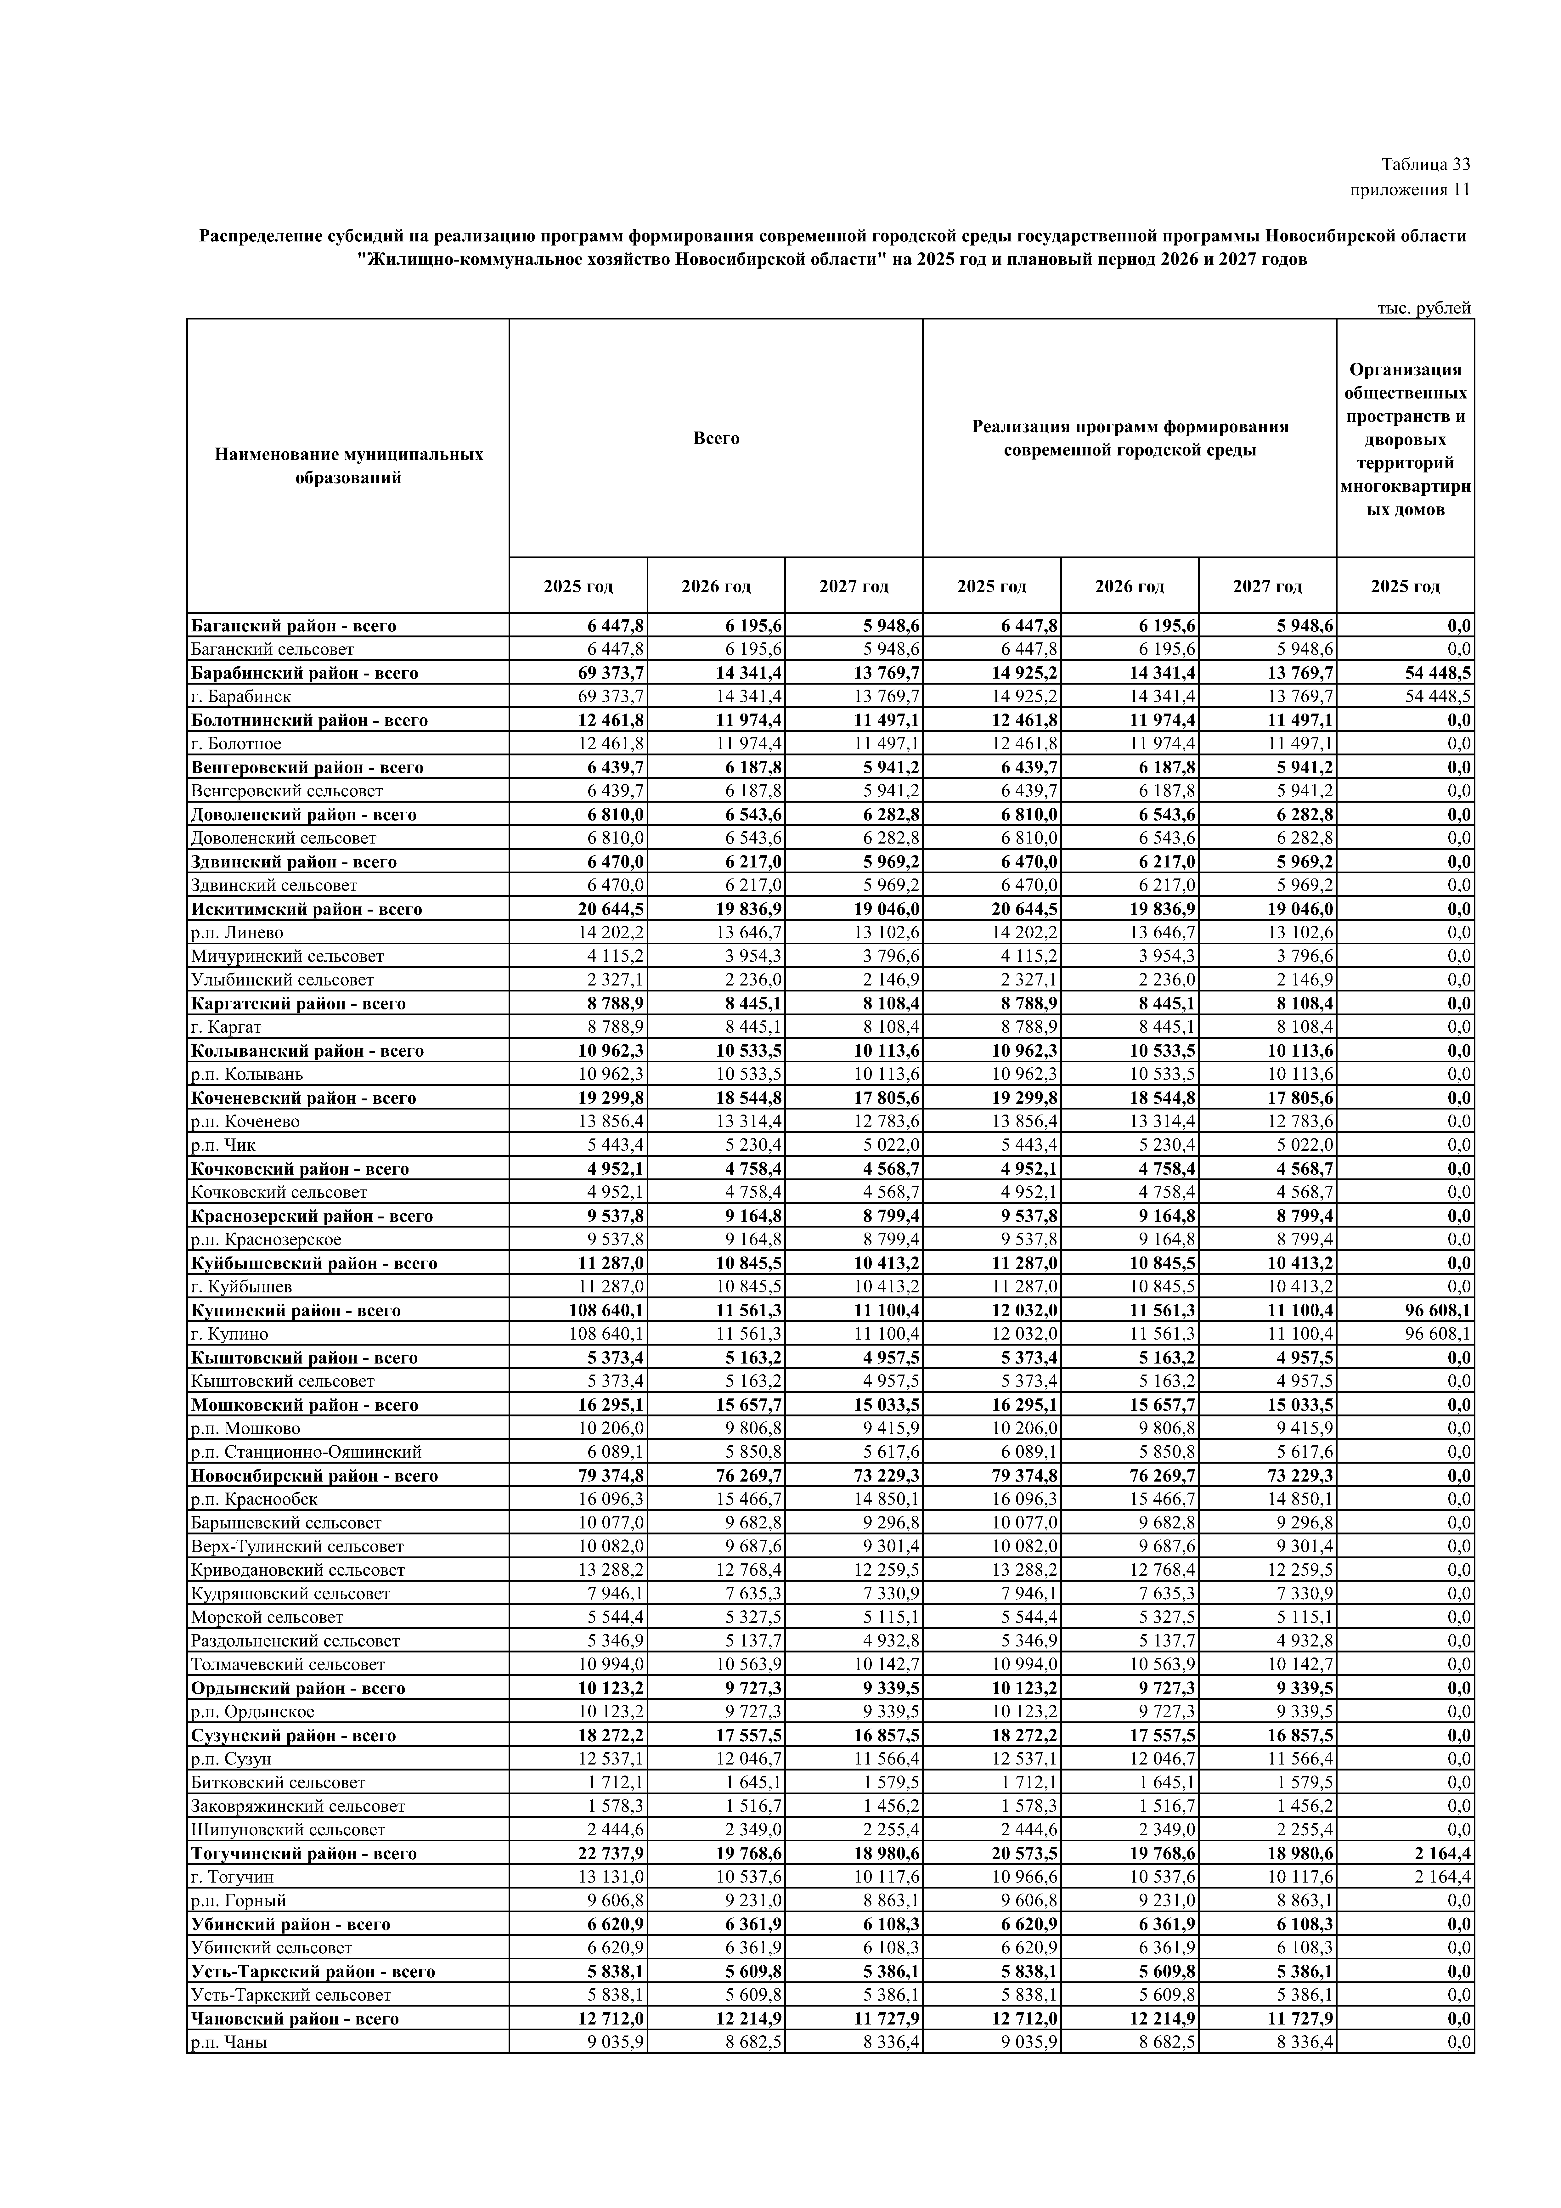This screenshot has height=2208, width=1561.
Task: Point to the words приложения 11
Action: click(x=1410, y=189)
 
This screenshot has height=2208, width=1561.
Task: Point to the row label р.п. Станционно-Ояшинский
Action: click(x=306, y=1452)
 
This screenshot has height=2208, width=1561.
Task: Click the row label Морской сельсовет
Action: click(x=268, y=1618)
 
